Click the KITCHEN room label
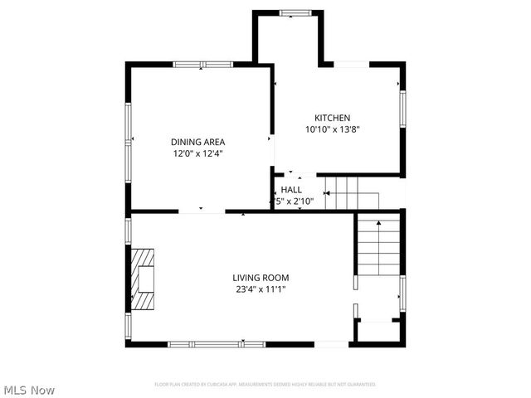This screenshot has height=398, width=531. tap(332, 118)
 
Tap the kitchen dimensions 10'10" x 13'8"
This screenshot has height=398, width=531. tap(332, 129)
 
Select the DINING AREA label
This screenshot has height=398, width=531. tap(197, 142)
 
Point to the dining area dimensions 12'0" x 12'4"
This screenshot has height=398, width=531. tap(197, 153)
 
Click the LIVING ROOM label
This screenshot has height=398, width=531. tap(261, 278)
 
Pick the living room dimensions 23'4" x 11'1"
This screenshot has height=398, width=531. tap(261, 289)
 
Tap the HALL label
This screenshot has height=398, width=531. tap(291, 190)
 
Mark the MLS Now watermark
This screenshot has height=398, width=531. tap(30, 389)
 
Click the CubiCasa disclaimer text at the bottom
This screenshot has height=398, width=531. tap(265, 385)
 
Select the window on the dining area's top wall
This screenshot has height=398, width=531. tap(202, 63)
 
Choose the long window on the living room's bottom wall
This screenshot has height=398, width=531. tap(217, 343)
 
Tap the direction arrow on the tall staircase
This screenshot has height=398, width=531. tap(378, 224)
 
